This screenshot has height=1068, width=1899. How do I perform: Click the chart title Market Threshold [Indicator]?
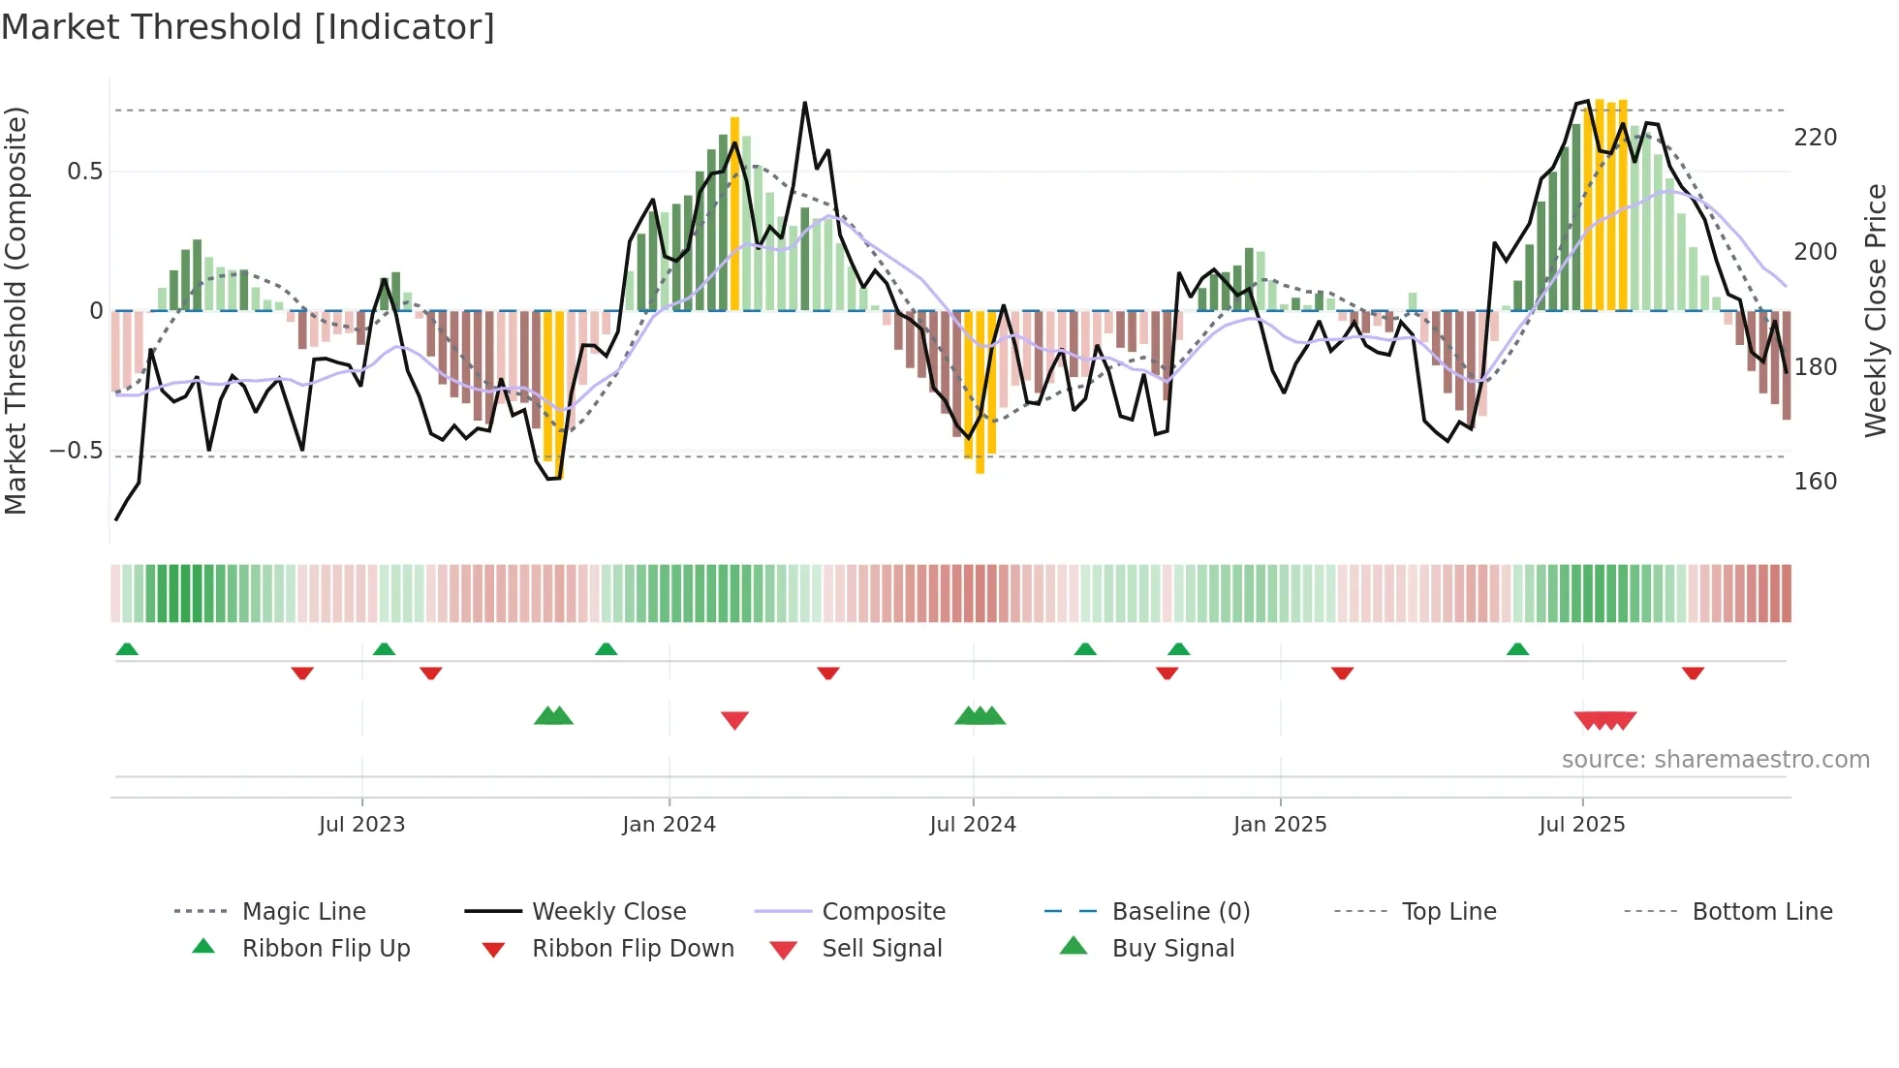tap(248, 27)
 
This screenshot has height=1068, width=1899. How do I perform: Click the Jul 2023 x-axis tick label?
tap(361, 825)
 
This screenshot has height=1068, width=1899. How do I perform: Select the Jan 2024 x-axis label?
tap(669, 825)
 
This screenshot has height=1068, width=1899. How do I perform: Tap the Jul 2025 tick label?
tap(1581, 825)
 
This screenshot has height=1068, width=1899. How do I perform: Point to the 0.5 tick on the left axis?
tap(84, 172)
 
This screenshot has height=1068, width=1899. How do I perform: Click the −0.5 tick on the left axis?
tap(77, 451)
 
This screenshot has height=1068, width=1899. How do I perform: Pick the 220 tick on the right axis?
tap(1815, 138)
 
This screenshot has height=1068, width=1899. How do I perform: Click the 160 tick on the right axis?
tap(1815, 482)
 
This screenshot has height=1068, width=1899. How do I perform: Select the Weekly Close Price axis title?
tap(1876, 310)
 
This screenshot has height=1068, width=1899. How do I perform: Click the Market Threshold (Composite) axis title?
tap(16, 310)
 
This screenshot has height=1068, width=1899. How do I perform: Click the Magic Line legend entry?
tap(303, 912)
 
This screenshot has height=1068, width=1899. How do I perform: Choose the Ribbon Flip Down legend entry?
tap(632, 949)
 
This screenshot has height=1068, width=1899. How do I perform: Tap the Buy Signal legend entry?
tap(1172, 949)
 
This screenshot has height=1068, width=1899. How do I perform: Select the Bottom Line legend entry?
tap(1761, 912)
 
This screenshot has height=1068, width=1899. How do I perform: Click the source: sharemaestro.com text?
tap(1715, 760)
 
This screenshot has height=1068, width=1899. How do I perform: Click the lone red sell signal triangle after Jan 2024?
tap(734, 720)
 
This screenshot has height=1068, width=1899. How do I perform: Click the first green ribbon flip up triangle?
tap(127, 649)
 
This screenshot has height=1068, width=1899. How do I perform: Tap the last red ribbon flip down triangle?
tap(1693, 673)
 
